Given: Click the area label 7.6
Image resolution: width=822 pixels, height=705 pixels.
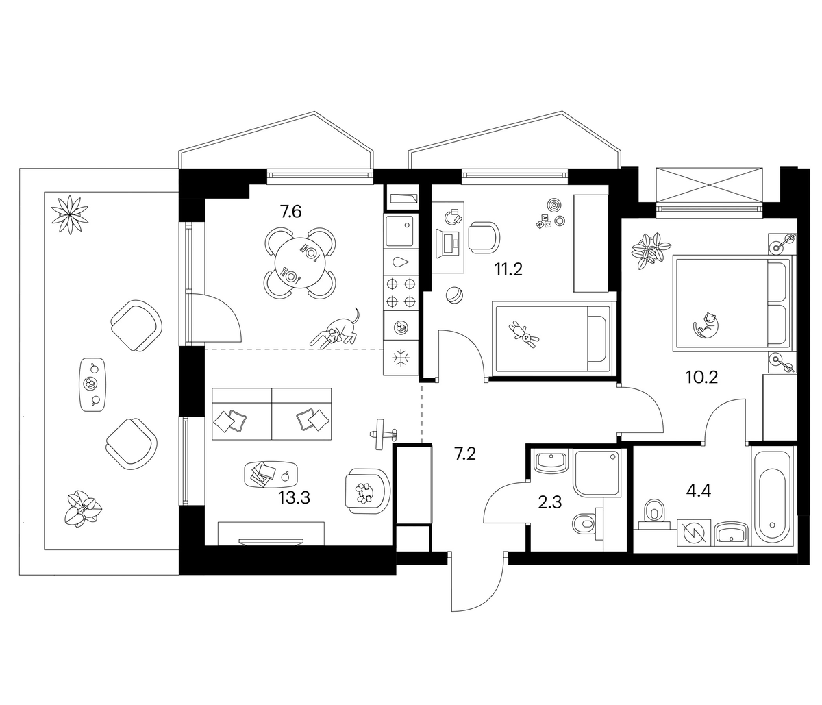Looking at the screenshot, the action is point(290,211).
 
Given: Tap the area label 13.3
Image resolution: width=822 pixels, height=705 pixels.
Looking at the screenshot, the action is point(294,497).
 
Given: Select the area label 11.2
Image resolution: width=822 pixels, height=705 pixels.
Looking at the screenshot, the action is point(508,269).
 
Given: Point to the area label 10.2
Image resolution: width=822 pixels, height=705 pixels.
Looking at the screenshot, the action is point(701,377).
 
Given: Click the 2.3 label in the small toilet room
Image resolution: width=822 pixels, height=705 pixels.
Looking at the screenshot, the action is point(549,502).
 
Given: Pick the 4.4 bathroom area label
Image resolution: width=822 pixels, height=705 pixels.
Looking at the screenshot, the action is point(698,491).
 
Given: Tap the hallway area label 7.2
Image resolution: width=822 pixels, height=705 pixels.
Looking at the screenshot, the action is point(465,454).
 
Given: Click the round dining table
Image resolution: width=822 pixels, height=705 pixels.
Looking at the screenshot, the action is point(300,264).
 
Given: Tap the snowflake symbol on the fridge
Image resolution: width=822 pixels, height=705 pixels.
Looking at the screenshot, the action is point(401,358).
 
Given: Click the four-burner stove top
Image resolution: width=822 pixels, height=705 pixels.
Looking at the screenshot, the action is point(401,293).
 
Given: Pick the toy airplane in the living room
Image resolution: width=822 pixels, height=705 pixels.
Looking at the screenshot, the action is point(382,434).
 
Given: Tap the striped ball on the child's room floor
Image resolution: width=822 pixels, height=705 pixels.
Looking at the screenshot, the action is point(453,295).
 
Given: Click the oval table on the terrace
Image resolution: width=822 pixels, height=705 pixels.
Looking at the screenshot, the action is point(92,384).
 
